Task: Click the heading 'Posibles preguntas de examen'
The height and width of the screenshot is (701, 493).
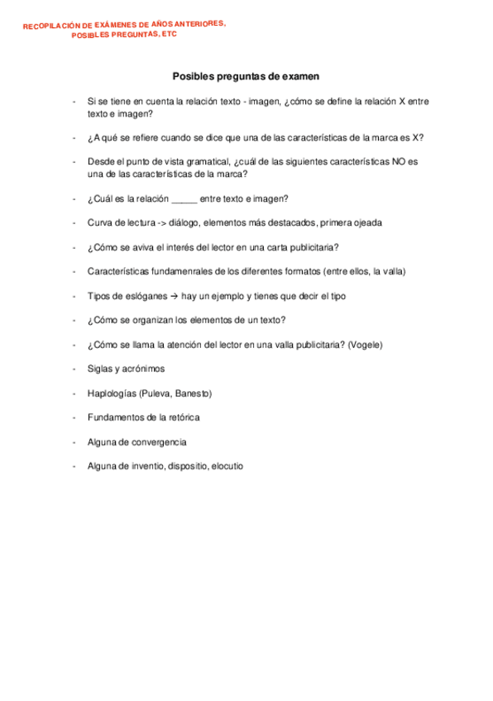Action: coord(246,76)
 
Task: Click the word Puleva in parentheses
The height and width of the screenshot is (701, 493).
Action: coord(156,393)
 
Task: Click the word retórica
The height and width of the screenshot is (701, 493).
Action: coord(181,417)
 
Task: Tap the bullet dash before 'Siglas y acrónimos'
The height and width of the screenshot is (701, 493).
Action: coord(75,369)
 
